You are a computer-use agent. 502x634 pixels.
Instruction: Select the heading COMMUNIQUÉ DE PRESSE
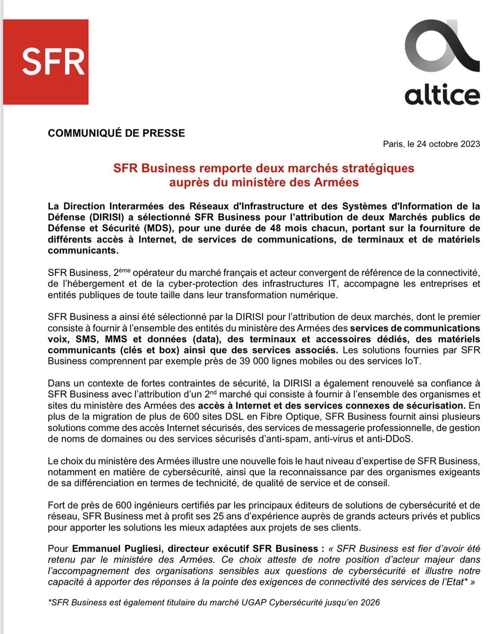coord(116,133)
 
